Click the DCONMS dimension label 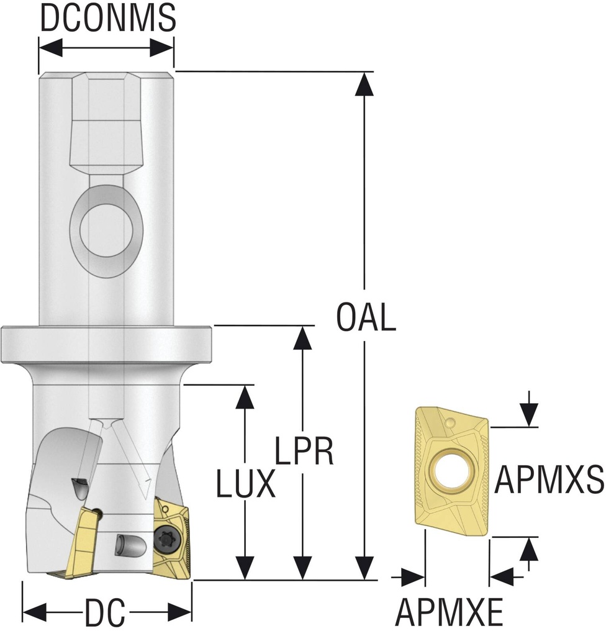pyautogui.click(x=107, y=19)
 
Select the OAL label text pyautogui.click(x=366, y=317)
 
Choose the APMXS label pyautogui.click(x=549, y=481)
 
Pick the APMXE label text pyautogui.click(x=450, y=614)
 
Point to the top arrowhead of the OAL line pyautogui.click(x=364, y=84)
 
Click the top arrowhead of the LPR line pyautogui.click(x=302, y=337)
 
